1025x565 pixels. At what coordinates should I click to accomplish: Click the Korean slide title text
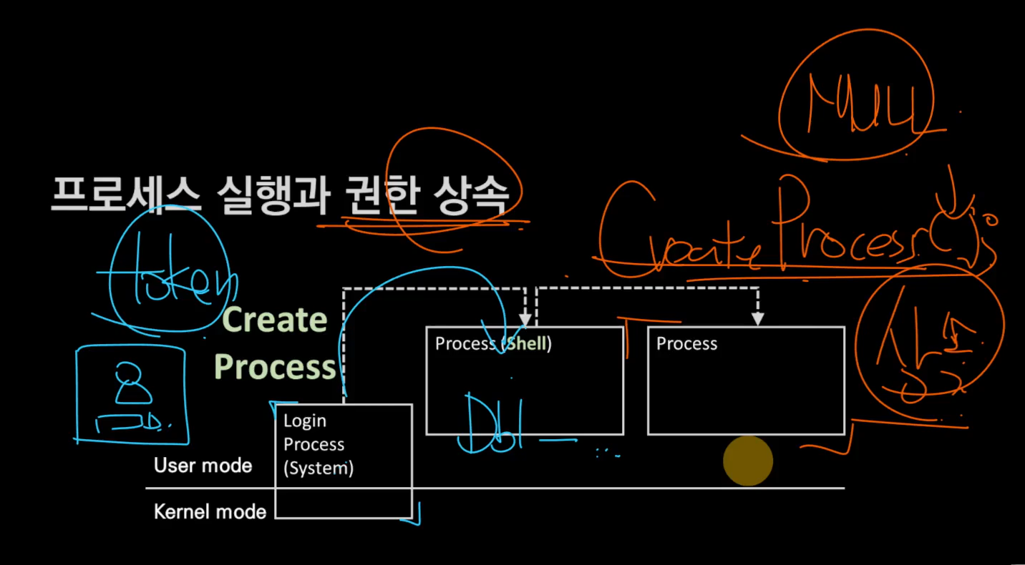[x=279, y=195]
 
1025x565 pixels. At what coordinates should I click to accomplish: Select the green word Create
[x=275, y=320]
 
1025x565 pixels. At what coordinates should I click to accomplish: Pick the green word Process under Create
[x=275, y=367]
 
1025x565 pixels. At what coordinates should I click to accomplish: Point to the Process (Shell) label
[x=493, y=343]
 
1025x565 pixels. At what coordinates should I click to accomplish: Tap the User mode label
[x=203, y=466]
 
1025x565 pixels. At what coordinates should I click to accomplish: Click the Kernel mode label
[x=210, y=511]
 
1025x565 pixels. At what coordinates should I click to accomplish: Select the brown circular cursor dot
[x=748, y=461]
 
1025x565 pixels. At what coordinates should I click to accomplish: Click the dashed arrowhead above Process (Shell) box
[x=525, y=319]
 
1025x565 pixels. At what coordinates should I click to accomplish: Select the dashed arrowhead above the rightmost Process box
[x=757, y=319]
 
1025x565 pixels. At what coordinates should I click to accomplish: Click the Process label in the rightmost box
[x=686, y=343]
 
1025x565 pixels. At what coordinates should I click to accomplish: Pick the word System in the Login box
[x=319, y=468]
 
